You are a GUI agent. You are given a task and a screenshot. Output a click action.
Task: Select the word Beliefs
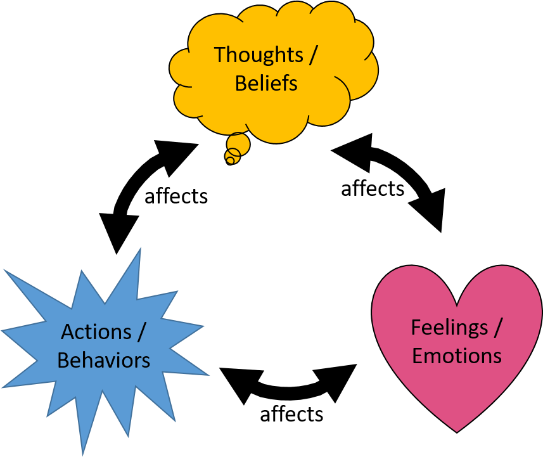(x=266, y=83)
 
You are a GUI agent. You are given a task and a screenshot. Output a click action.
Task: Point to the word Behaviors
(x=104, y=360)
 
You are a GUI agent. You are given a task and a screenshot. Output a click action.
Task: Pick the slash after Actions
(x=142, y=331)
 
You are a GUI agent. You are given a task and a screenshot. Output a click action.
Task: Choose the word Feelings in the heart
(x=449, y=328)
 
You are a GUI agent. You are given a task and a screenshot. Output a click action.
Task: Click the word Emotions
(x=457, y=356)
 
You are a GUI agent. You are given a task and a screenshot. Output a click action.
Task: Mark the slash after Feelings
(x=498, y=328)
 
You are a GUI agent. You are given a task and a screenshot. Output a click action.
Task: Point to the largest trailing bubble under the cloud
(x=239, y=144)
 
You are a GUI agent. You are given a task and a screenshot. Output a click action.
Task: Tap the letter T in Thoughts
(x=219, y=55)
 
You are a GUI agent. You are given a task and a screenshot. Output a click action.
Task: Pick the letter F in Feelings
(x=416, y=328)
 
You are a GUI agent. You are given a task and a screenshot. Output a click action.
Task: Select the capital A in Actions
(x=68, y=331)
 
